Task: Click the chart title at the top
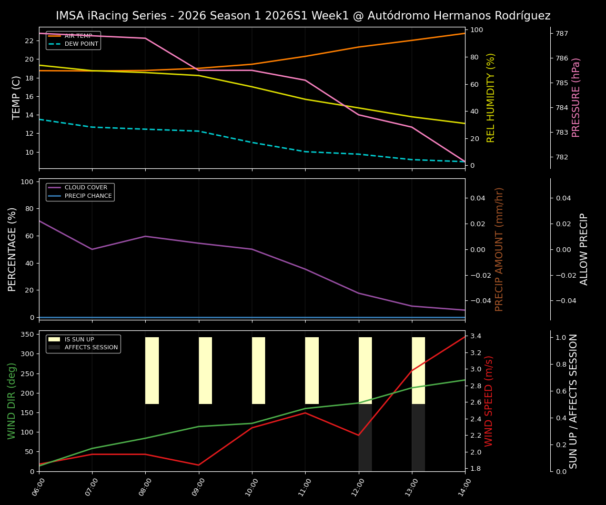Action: pos(303,16)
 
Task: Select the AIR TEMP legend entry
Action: pos(78,36)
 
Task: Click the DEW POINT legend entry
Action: pos(81,44)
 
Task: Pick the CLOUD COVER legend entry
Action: pos(86,188)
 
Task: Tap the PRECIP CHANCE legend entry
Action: pos(88,196)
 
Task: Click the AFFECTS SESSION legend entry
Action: pos(91,348)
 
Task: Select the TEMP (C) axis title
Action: pos(17,97)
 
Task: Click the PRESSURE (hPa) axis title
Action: pos(576,97)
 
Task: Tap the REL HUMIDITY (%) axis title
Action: pos(491,97)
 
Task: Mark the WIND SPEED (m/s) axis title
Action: pos(489,401)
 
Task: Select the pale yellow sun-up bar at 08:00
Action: pos(152,370)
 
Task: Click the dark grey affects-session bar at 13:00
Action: pos(418,438)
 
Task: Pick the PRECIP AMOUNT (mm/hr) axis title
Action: pos(500,249)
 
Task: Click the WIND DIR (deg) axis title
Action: pos(12,401)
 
